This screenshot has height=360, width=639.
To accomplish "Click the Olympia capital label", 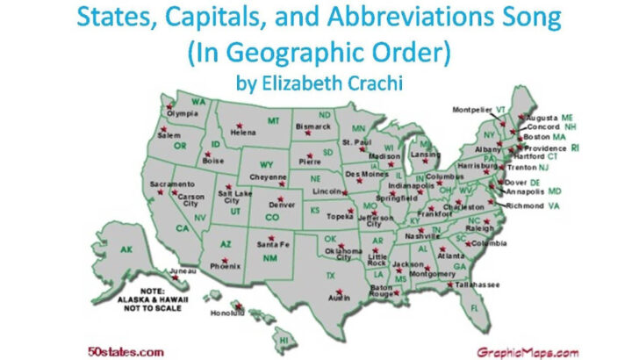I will click(183, 113).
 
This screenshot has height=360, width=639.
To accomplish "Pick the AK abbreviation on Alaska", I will click(126, 249).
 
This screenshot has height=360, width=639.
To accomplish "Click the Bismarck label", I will click(314, 126).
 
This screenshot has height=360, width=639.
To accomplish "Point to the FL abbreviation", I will click(499, 308).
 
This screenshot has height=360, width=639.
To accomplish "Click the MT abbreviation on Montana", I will click(274, 120).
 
